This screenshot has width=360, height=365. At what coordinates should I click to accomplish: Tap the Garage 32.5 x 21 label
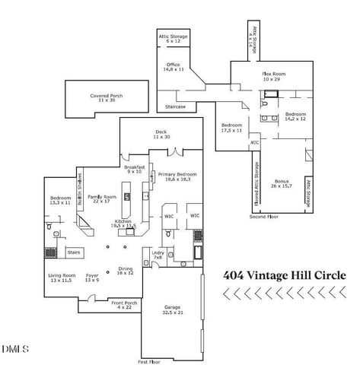172,310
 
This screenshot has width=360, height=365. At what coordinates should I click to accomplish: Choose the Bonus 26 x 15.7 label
281,183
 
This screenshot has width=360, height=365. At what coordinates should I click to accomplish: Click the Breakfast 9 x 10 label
134,169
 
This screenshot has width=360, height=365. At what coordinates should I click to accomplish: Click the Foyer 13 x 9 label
92,278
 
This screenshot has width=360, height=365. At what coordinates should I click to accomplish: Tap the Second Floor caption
263,217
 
